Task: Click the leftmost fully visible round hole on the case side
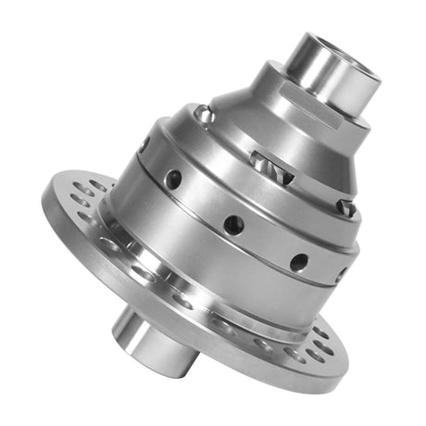tap(172, 178)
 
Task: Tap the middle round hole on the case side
tap(233, 222)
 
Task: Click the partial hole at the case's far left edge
tap(144, 144)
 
